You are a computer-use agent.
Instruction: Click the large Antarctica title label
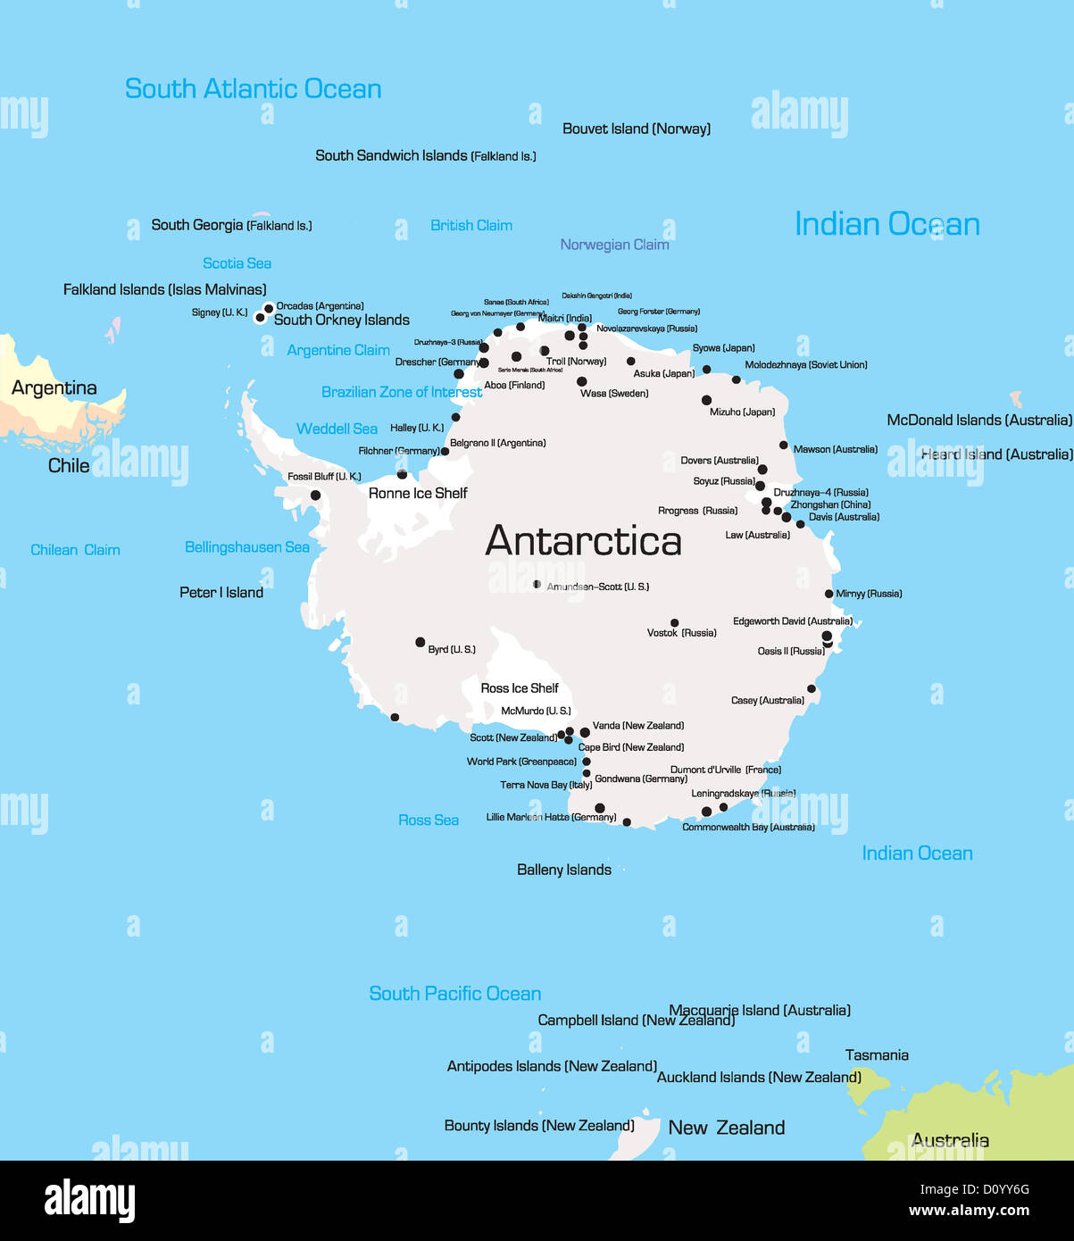[583, 541]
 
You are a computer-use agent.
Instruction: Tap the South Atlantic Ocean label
[253, 89]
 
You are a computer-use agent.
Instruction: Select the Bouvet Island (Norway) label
[637, 129]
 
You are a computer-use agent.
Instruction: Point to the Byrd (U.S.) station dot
[420, 642]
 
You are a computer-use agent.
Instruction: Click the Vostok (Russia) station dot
[674, 623]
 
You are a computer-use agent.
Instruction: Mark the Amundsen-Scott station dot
[537, 585]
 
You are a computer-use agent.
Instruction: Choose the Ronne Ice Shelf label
[418, 493]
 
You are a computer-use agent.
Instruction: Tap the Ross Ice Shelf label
[519, 688]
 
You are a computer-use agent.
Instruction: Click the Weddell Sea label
[337, 429]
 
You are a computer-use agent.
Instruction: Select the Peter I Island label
[221, 593]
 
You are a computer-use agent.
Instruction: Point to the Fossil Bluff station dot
[315, 496]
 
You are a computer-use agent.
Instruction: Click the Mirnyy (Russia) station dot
[828, 594]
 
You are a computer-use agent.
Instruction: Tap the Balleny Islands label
[564, 870]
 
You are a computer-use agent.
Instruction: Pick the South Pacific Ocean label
[455, 994]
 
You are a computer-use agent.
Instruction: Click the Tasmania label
[877, 1055]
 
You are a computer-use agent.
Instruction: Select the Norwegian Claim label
[614, 245]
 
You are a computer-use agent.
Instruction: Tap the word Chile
[69, 466]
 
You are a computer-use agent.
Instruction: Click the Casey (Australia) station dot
[812, 688]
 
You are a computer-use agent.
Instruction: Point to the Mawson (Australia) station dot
[784, 445]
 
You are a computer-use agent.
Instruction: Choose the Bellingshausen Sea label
[247, 547]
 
